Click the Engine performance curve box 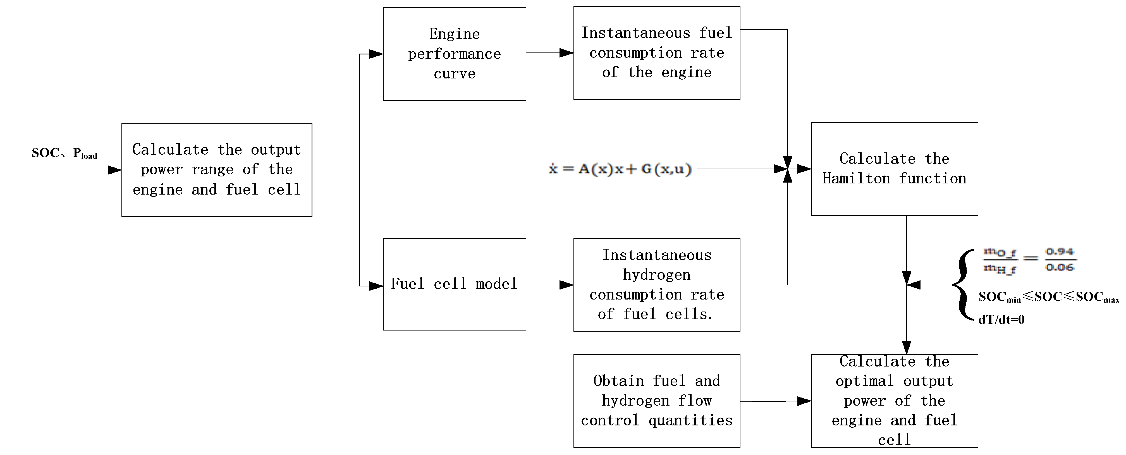coord(454,54)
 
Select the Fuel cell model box coord(454,284)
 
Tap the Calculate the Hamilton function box coord(894,169)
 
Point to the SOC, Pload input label coord(64,153)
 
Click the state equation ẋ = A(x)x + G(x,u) coord(620,169)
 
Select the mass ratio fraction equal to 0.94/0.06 coord(1029,260)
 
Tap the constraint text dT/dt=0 coord(1001,320)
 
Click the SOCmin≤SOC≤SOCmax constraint coord(1048,297)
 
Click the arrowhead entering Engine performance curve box coord(376,54)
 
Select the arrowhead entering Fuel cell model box coord(376,286)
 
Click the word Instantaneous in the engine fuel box coord(636,33)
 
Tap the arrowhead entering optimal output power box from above coord(906,348)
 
